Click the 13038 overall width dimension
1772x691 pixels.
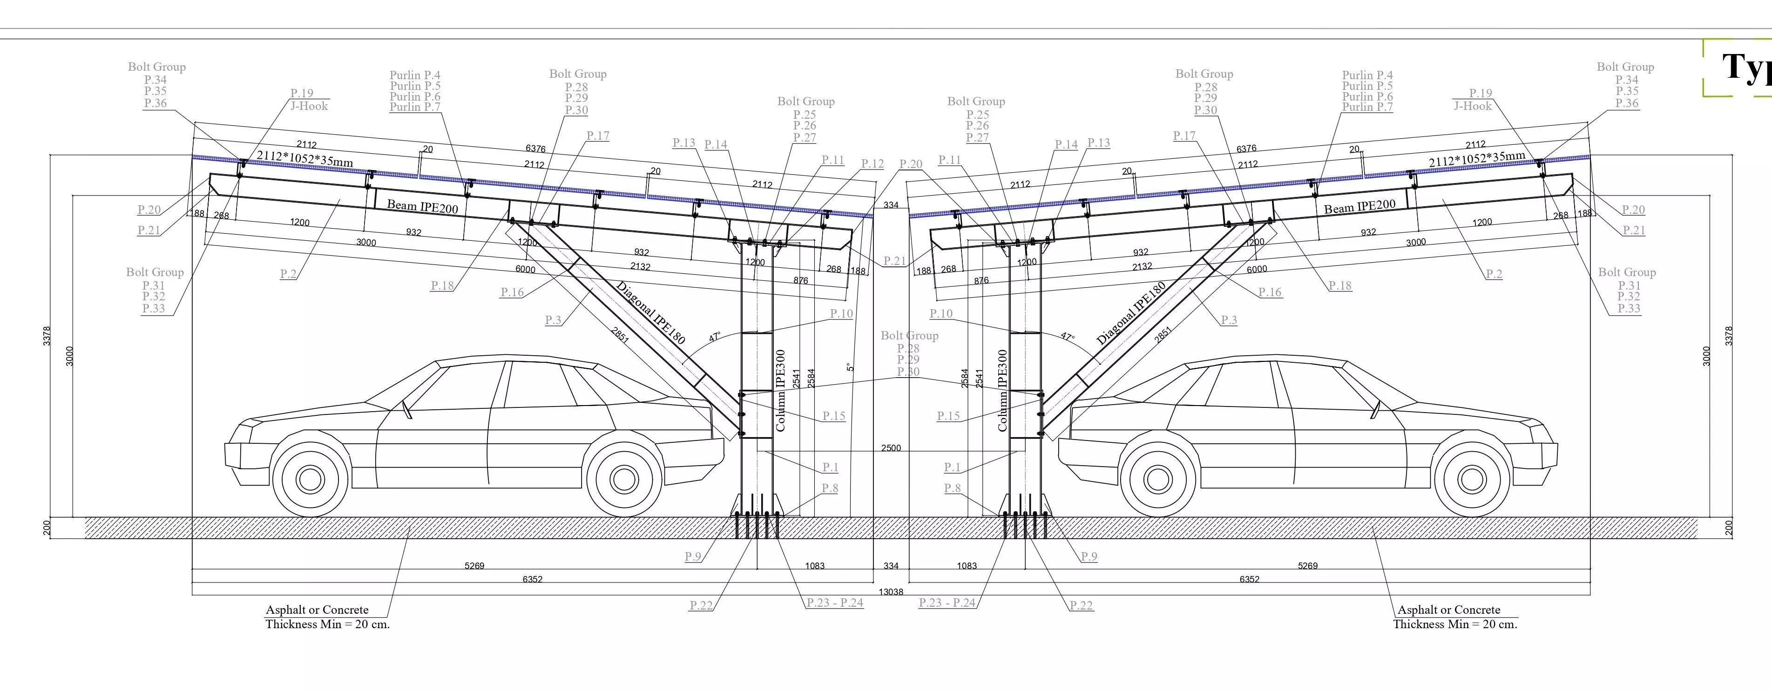click(890, 592)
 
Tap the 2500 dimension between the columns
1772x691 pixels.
click(890, 448)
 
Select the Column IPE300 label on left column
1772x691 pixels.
click(780, 390)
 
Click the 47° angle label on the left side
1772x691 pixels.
click(715, 337)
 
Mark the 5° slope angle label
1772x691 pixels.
click(850, 367)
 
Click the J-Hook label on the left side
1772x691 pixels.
click(309, 106)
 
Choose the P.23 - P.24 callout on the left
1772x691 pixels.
click(834, 603)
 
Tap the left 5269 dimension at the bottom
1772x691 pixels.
click(474, 566)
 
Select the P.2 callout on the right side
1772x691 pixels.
click(1494, 274)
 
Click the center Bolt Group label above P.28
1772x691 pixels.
click(909, 336)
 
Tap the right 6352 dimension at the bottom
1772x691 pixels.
click(1249, 580)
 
